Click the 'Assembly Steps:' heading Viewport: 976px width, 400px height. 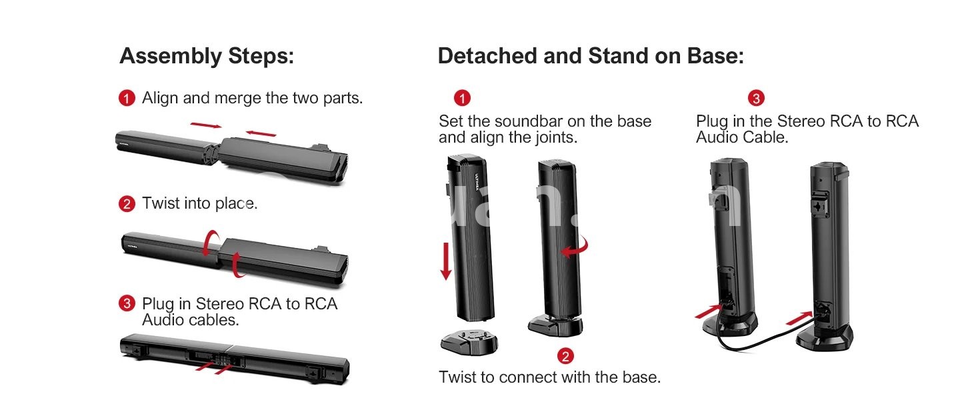207,56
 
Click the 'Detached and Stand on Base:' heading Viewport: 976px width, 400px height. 591,56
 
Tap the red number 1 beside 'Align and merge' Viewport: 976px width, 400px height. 127,98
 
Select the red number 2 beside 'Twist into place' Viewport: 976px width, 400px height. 127,203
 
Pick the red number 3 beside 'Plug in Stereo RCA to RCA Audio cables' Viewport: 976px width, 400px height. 127,303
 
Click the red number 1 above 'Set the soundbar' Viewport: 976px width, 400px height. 462,98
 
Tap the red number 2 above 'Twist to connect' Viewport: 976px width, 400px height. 565,356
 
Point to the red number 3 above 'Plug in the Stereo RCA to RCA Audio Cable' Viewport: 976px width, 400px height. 757,98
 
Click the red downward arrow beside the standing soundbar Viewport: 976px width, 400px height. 446,261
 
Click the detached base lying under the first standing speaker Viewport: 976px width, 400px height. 469,343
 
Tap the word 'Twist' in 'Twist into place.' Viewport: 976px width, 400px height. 161,203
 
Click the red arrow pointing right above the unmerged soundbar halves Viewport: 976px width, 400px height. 206,125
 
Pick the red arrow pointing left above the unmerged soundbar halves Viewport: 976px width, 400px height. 261,133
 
